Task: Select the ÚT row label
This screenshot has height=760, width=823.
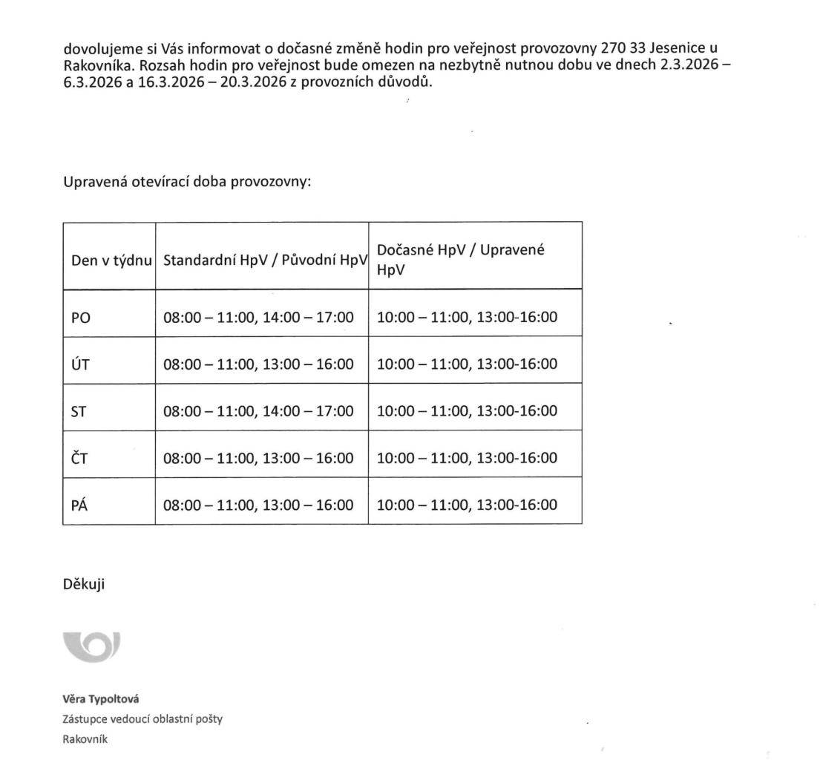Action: pyautogui.click(x=79, y=364)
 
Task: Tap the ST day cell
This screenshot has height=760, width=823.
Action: pyautogui.click(x=79, y=411)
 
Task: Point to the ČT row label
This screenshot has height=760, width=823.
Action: pyautogui.click(x=79, y=458)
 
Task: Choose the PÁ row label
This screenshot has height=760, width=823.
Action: pyautogui.click(x=79, y=505)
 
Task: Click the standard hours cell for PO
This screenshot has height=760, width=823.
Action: pyautogui.click(x=258, y=318)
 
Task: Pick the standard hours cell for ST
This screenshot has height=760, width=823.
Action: pyautogui.click(x=258, y=411)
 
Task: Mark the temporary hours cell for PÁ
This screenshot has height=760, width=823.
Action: pyautogui.click(x=467, y=505)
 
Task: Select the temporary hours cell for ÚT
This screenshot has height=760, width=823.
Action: pyautogui.click(x=467, y=364)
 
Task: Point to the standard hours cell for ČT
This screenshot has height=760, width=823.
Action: pyautogui.click(x=258, y=458)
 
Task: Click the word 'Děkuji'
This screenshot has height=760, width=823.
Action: pyautogui.click(x=84, y=584)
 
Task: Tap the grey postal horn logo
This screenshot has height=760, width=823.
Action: pyautogui.click(x=92, y=646)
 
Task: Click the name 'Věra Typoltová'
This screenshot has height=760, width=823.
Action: pyautogui.click(x=101, y=699)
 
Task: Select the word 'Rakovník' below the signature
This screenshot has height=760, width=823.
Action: pyautogui.click(x=85, y=738)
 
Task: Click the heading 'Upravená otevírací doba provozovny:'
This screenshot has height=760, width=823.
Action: pyautogui.click(x=187, y=182)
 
